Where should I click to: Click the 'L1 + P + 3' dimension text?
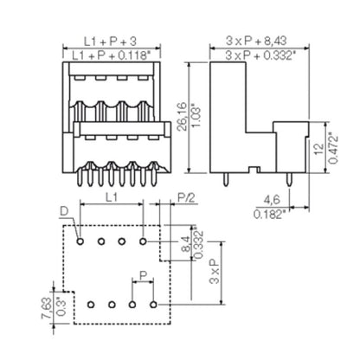tap(111, 41)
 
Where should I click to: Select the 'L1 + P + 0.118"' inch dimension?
tap(111, 55)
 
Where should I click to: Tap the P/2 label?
tap(184, 197)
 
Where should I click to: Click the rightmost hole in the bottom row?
tap(152, 305)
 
